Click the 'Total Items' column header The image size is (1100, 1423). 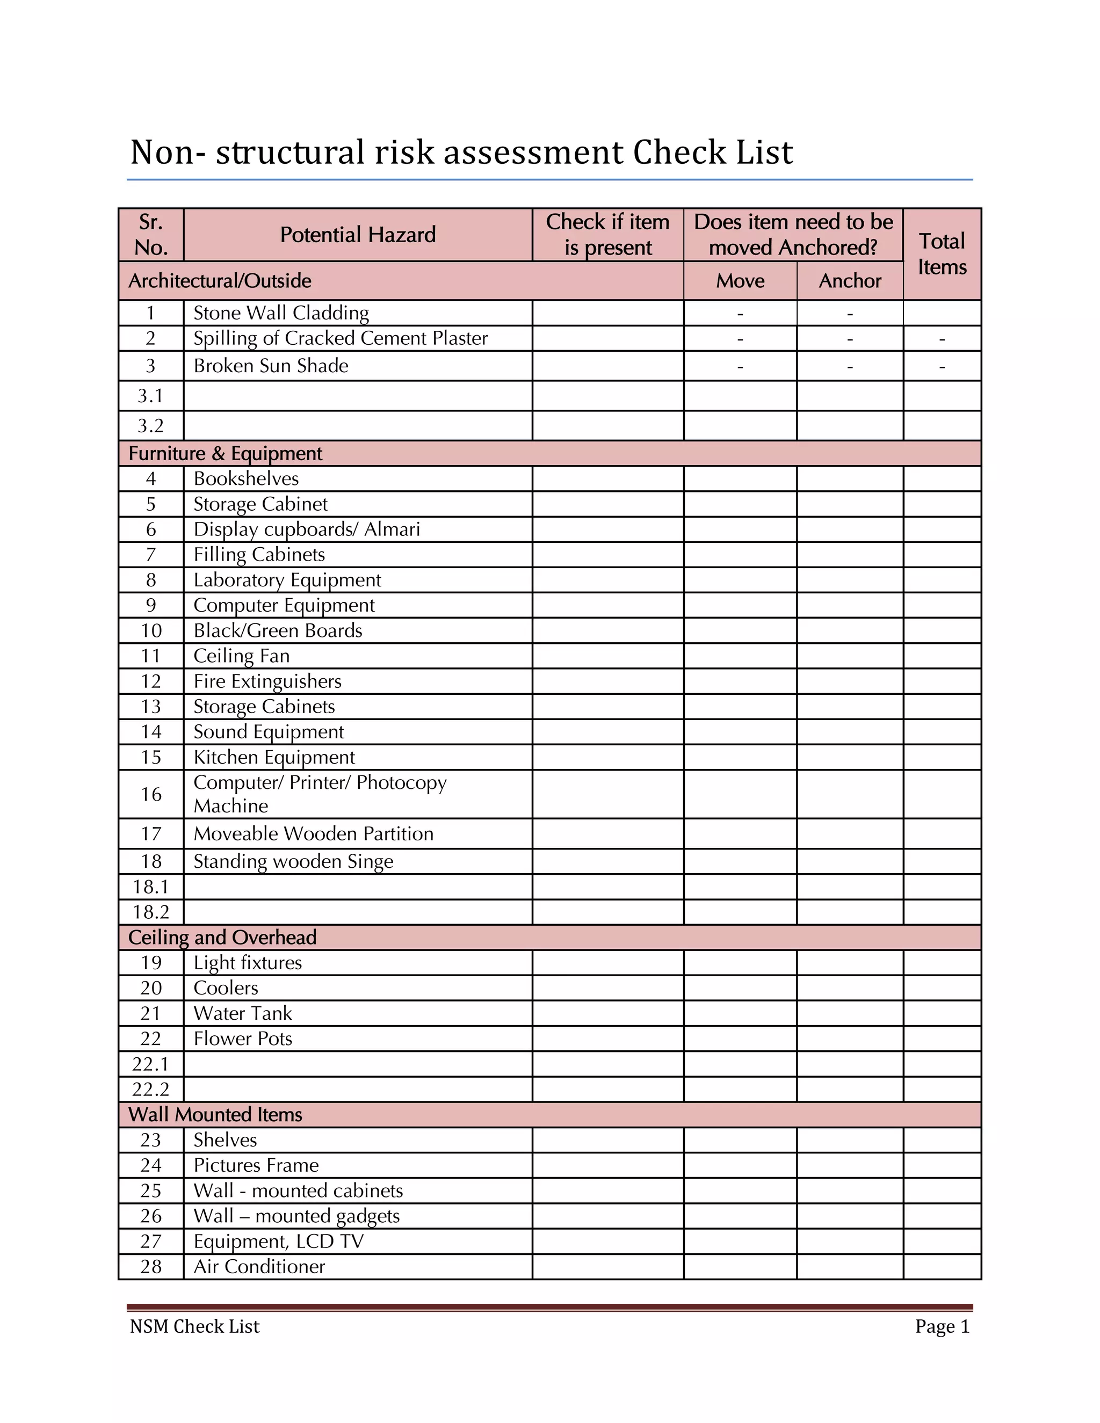pos(942,254)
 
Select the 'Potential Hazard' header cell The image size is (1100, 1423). pos(358,235)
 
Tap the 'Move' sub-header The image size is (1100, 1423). pos(740,281)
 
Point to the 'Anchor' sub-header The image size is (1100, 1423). pos(850,281)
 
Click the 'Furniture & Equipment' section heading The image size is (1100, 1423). pos(226,454)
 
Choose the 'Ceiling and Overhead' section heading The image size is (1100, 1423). pos(222,937)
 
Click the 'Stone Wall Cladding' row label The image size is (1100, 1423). pos(281,313)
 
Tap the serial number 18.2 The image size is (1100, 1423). pos(150,912)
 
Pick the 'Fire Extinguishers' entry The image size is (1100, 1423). pos(267,681)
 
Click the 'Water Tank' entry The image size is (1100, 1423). pos(242,1013)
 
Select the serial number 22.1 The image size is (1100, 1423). pos(150,1064)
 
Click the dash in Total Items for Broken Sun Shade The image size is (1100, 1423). pos(942,367)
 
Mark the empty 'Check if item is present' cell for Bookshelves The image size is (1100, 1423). pos(607,479)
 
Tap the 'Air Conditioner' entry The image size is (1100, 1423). pos(259,1266)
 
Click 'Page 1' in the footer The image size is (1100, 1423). pos(942,1326)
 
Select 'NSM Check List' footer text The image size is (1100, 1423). pos(194,1326)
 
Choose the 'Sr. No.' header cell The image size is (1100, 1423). pos(151,235)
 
